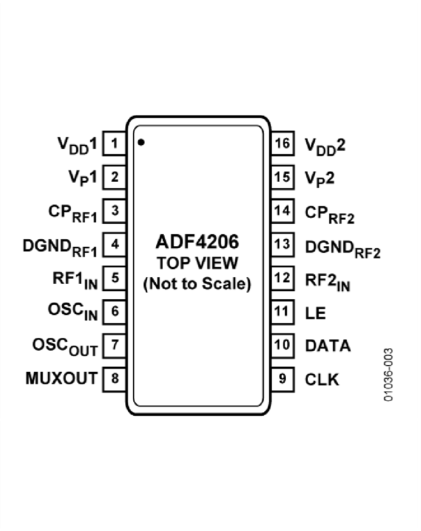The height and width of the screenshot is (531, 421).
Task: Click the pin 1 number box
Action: (114, 143)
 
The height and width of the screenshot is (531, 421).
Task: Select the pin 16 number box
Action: (283, 143)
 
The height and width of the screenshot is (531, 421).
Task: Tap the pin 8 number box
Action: (114, 378)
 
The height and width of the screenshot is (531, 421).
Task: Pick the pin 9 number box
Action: (283, 378)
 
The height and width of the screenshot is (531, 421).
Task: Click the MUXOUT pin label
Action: (61, 378)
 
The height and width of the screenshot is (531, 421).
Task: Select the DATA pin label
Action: (327, 346)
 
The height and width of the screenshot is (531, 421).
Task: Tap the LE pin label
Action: (315, 312)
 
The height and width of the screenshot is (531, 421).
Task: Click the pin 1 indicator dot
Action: (141, 142)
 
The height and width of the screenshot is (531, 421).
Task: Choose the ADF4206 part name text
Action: (197, 243)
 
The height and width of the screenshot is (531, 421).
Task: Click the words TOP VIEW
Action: (197, 264)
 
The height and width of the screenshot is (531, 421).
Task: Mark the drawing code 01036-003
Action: (388, 374)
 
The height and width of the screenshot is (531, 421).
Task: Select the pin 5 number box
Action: (114, 278)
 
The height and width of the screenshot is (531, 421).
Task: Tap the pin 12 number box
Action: (283, 278)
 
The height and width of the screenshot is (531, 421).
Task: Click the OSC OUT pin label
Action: (65, 347)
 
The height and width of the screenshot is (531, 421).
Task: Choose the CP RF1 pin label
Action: (72, 213)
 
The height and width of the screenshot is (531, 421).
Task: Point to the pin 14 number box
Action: (283, 211)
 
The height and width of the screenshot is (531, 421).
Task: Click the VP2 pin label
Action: (320, 178)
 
